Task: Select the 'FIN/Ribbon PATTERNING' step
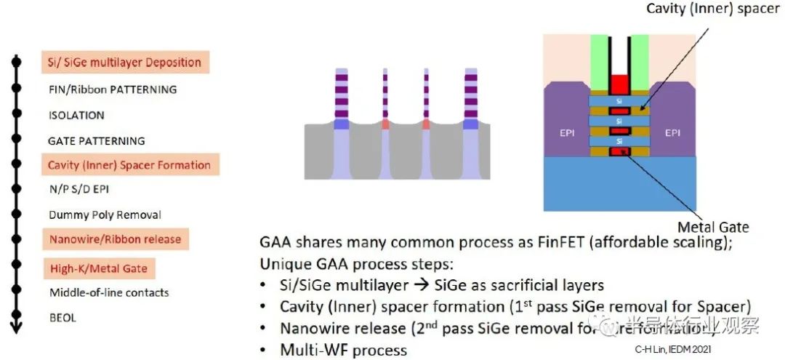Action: [113, 89]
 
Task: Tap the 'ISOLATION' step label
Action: [76, 115]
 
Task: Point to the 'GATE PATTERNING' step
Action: [97, 140]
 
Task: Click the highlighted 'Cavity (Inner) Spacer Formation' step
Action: [129, 165]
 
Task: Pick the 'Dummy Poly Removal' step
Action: [105, 215]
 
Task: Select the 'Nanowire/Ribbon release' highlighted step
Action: [115, 239]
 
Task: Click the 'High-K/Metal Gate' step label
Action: [98, 268]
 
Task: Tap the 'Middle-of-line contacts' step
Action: [109, 292]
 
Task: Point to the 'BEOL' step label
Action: [63, 317]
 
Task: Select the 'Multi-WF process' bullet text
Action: [343, 350]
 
